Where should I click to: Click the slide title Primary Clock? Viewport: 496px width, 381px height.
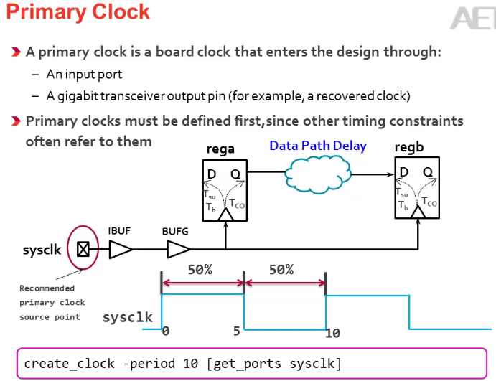(79, 12)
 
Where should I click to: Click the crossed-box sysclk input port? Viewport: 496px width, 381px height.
(83, 250)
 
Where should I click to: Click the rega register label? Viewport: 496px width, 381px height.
(220, 149)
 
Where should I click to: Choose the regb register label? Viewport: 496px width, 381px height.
(409, 147)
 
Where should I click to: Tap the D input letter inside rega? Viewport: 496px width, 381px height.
(212, 174)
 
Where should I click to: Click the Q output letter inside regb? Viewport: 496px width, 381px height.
(427, 172)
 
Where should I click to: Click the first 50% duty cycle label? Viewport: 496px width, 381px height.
(200, 270)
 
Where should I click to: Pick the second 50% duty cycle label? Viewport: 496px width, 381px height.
(281, 270)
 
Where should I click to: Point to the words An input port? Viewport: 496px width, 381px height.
(85, 74)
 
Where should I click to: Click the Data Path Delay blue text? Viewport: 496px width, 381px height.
(317, 146)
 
